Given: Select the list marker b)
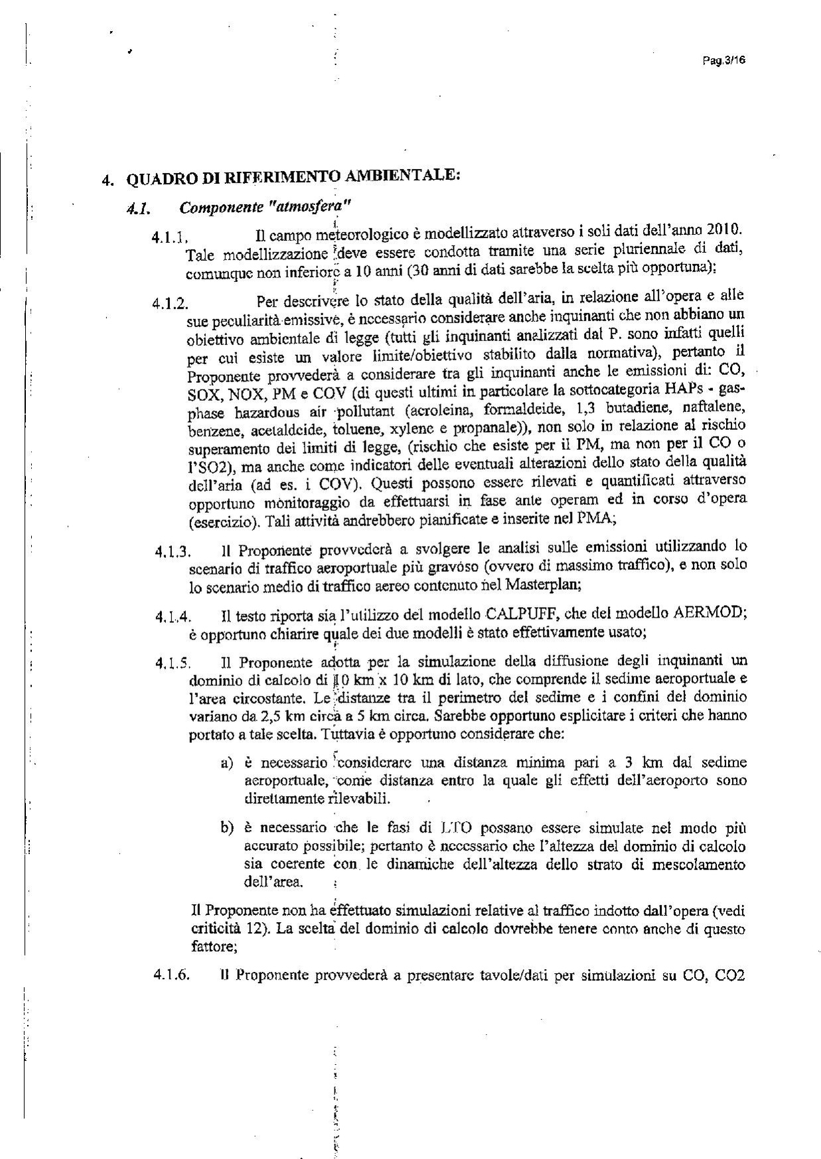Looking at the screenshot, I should pyautogui.click(x=228, y=828).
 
